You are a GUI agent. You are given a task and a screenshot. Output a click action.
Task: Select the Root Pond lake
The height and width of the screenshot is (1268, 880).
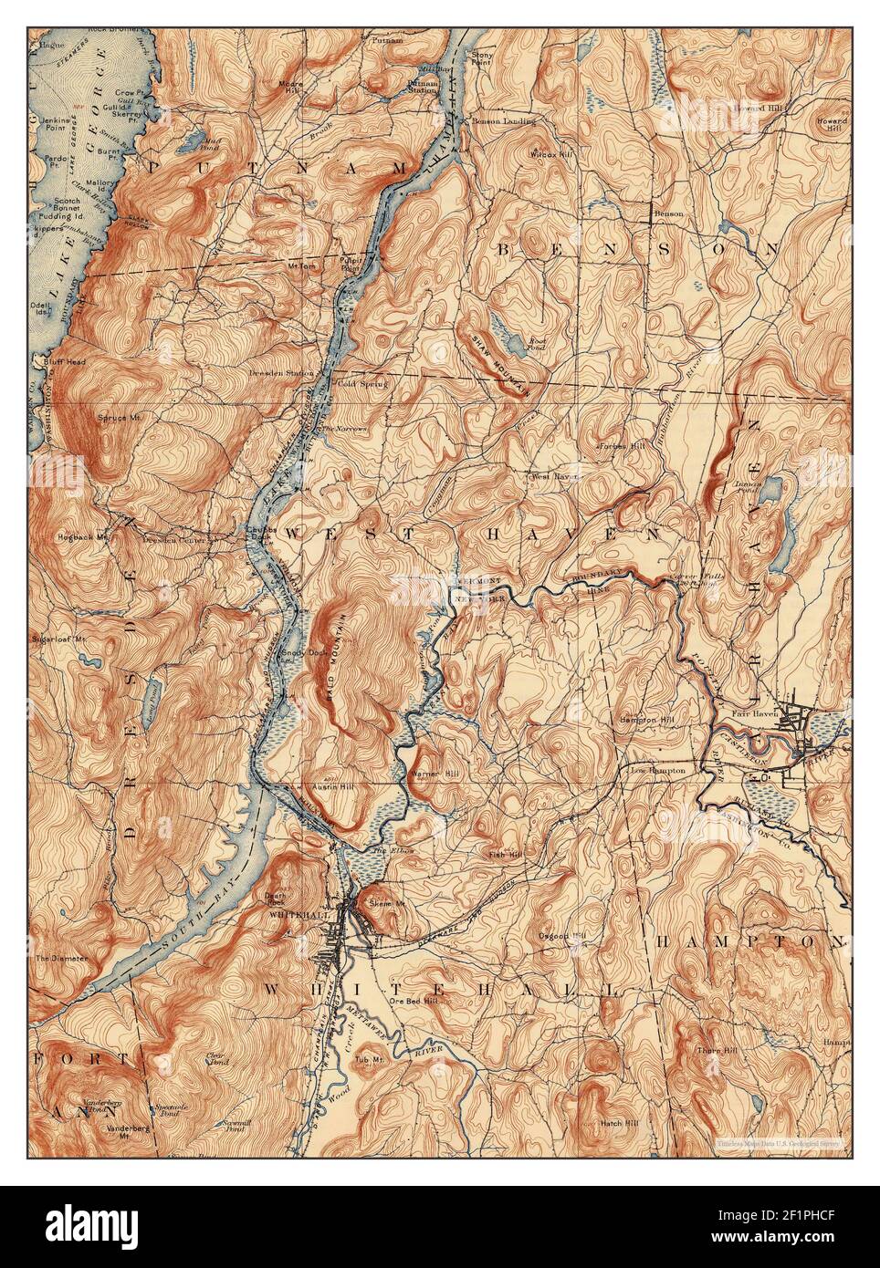coord(501,327)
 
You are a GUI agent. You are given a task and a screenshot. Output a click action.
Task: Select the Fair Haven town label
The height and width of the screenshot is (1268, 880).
coord(753,713)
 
